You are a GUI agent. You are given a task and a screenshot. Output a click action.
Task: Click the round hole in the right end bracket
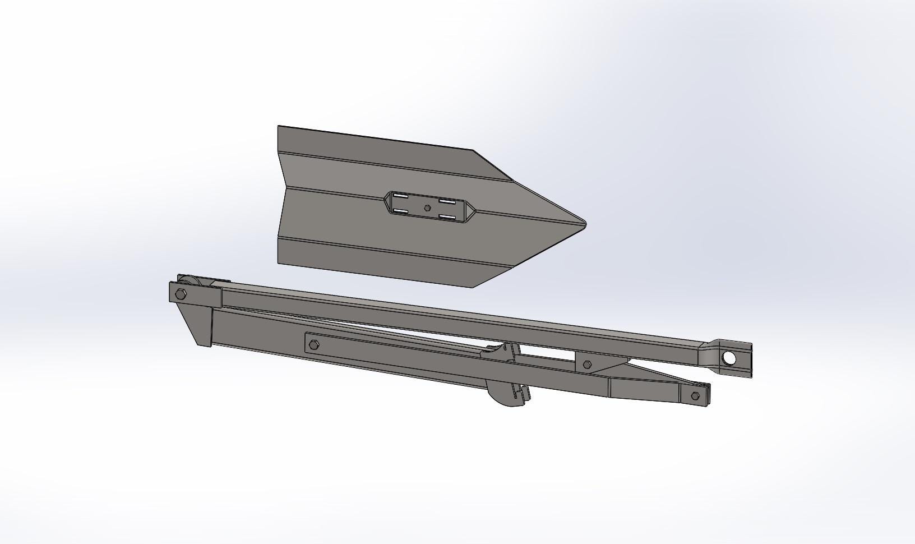(x=729, y=358)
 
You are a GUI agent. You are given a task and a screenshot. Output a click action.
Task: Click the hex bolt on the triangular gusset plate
(x=586, y=365)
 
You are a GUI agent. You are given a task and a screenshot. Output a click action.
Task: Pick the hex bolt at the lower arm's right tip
(x=695, y=396)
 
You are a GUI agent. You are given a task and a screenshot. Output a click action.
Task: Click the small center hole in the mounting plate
(x=428, y=208)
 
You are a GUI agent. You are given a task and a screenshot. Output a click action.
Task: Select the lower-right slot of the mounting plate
(x=447, y=216)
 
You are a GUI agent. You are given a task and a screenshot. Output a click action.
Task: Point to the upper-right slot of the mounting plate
(x=446, y=200)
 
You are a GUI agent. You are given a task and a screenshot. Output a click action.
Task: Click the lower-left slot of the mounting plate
(x=400, y=211)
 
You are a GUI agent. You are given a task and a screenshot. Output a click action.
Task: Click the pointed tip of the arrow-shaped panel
(x=584, y=223)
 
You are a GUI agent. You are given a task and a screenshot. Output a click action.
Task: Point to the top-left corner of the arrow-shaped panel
(x=279, y=126)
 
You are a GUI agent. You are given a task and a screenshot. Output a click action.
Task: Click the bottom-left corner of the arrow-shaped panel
(x=279, y=262)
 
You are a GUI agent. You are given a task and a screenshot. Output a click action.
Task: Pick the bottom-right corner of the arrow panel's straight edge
(x=474, y=287)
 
